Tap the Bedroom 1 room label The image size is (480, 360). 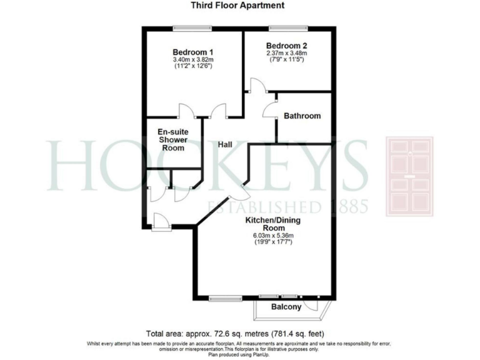[x=193, y=51]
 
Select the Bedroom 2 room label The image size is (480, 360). [x=287, y=46]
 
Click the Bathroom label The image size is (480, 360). [x=302, y=116]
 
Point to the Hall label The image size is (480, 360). [x=225, y=144]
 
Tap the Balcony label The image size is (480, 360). [x=286, y=307]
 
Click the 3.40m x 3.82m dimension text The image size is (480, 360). [x=193, y=60]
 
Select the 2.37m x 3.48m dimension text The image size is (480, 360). [x=287, y=54]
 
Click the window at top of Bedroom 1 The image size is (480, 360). [x=192, y=27]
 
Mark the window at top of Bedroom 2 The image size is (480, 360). [x=288, y=27]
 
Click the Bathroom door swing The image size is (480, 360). [x=270, y=109]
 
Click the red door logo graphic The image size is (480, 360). [x=409, y=177]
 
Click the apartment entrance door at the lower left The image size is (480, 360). [x=160, y=220]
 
